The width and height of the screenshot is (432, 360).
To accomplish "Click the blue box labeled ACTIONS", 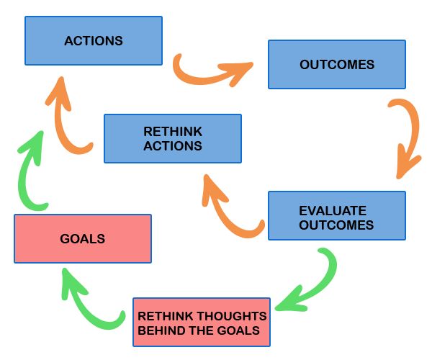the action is [94, 41].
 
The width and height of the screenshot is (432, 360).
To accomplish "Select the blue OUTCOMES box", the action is [337, 65].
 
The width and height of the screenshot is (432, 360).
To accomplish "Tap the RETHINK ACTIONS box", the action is [173, 138].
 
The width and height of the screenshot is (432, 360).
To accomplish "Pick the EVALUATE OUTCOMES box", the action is [337, 215].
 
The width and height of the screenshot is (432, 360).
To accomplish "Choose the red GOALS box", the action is [83, 238].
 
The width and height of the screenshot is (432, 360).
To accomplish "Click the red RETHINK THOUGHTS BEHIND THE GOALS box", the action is [202, 322].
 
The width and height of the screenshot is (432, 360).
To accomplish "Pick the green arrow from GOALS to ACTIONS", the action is [24, 176].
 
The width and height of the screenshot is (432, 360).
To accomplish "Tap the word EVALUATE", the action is [333, 211].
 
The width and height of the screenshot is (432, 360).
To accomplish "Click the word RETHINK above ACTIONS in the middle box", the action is [173, 132].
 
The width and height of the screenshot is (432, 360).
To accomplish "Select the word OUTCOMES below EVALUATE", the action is [336, 225].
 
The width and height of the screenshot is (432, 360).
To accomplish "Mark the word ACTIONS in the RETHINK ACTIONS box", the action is [173, 146].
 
